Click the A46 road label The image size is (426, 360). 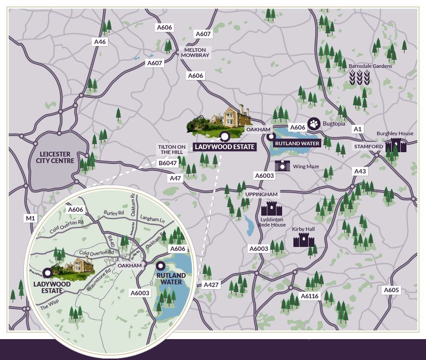pos(100,42)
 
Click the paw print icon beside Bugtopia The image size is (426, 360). pos(314,124)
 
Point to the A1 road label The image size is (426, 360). pos(358,129)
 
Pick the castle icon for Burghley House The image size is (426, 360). pos(396,145)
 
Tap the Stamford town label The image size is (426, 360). pos(369,147)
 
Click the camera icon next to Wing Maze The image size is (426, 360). pos(283,165)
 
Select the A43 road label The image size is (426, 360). pos(360,171)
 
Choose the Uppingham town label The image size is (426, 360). pos(261,193)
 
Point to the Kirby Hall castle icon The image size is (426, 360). pos(304,240)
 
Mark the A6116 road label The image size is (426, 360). pos(310,297)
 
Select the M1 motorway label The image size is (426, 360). pos(30,218)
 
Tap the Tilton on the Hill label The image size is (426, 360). pos(172,149)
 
